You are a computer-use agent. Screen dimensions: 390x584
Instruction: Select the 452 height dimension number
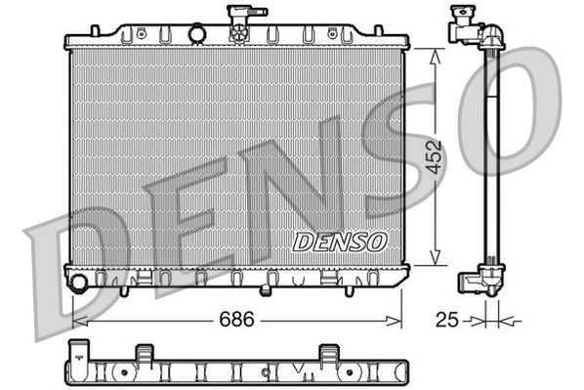click(435, 156)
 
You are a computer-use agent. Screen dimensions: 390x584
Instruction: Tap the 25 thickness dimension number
click(447, 319)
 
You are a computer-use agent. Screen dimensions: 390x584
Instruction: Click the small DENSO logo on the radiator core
click(341, 240)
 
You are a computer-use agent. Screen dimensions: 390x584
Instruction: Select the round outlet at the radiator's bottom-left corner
click(79, 283)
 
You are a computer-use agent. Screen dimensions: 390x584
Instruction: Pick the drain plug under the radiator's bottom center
click(266, 290)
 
